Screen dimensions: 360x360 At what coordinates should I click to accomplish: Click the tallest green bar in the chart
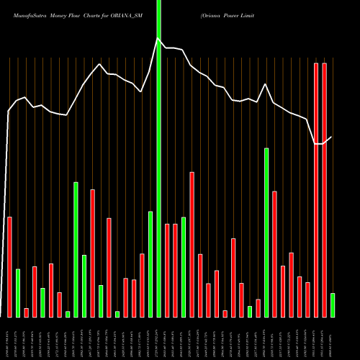coord(158,158)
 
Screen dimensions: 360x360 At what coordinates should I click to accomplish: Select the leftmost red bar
coord(9,266)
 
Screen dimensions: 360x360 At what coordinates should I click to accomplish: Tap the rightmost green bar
coord(332,305)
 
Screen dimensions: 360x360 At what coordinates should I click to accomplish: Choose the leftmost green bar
coord(18,292)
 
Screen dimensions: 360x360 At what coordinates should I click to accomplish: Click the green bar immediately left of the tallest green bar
coord(150,264)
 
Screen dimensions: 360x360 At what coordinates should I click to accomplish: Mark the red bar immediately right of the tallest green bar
coord(167,270)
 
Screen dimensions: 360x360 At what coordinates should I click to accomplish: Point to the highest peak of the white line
coord(158,39)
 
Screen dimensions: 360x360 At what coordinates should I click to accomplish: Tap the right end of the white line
coord(331,137)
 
